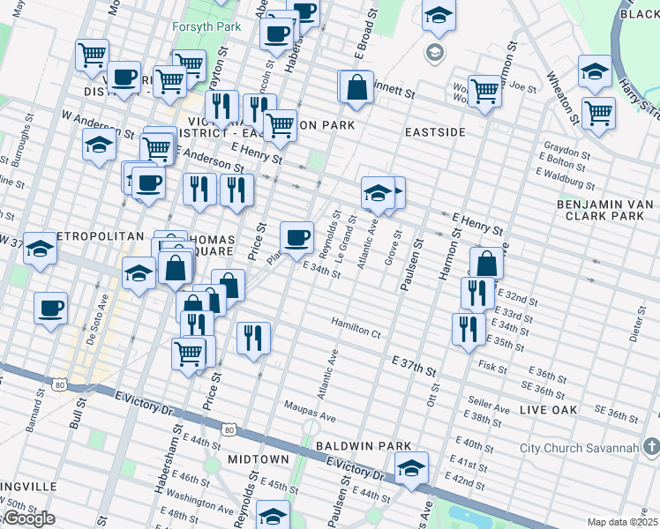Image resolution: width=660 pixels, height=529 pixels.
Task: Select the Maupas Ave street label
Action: pos(310,414)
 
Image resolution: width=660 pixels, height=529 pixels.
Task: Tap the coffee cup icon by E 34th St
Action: pos(297,236)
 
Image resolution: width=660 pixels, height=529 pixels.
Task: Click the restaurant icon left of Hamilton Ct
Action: pos(253,338)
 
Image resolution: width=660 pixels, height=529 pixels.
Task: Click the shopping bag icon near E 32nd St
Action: pos(486,263)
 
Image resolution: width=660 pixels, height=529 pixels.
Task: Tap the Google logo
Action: pos(28,518)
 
